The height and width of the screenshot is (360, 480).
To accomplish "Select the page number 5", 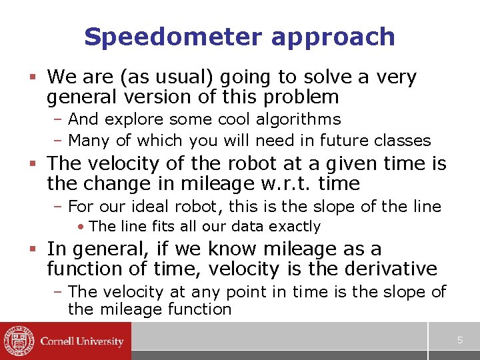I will click(x=459, y=341).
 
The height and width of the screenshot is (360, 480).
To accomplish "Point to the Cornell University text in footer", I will click(x=82, y=341).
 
